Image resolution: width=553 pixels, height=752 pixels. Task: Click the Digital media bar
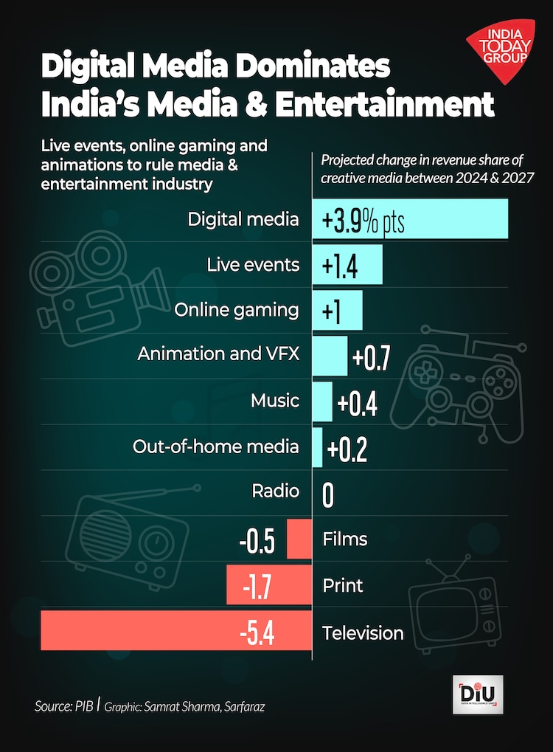410,219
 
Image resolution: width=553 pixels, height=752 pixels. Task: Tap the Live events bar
347,265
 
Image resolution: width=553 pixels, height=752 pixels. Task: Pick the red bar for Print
269,586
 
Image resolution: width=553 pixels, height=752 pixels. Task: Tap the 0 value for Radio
328,495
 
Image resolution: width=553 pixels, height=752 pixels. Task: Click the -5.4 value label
257,633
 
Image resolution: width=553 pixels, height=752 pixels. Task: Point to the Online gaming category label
237,310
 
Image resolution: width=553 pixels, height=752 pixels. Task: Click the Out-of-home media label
216,446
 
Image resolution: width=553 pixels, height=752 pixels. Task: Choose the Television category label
363,633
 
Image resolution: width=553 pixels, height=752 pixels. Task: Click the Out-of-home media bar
318,447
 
